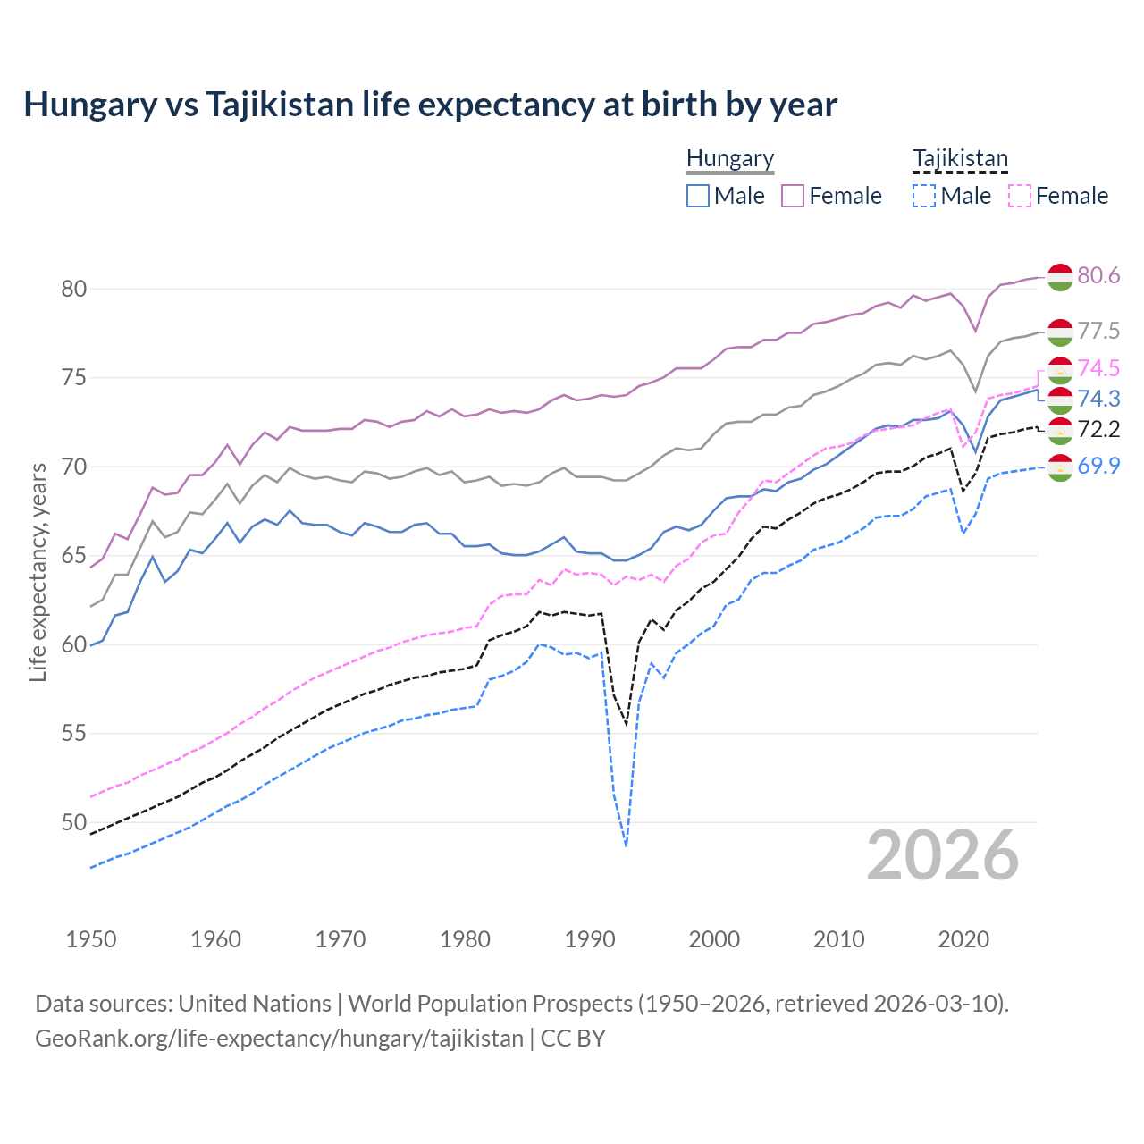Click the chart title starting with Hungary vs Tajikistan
pos(430,105)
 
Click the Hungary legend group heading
pos(729,158)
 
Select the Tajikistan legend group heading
pos(960,158)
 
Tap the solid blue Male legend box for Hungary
pos(698,196)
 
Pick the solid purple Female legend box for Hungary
pos(793,196)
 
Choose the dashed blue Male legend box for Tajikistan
pos(924,196)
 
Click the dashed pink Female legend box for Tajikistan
pos(1020,196)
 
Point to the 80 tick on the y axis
pos(73,289)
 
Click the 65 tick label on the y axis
pos(73,556)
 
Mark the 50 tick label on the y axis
pos(73,822)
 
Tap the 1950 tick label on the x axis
pos(91,939)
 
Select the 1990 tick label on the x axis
pos(590,939)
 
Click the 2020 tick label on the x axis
pos(963,939)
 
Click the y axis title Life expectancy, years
pos(38,572)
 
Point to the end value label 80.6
pos(1098,275)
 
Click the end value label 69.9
pos(1098,465)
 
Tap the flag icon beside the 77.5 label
pos(1060,332)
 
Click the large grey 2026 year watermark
pos(943,855)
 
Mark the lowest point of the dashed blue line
pos(626,845)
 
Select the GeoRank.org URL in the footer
pos(279,1039)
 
